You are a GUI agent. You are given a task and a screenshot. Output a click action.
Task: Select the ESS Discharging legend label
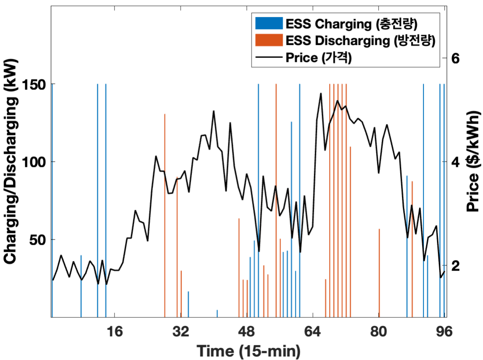(359, 40)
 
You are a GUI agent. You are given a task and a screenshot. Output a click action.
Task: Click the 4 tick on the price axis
(455, 162)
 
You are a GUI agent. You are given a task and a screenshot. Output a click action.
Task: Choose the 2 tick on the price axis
(455, 265)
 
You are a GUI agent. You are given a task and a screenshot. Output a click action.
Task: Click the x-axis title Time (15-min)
(248, 350)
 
